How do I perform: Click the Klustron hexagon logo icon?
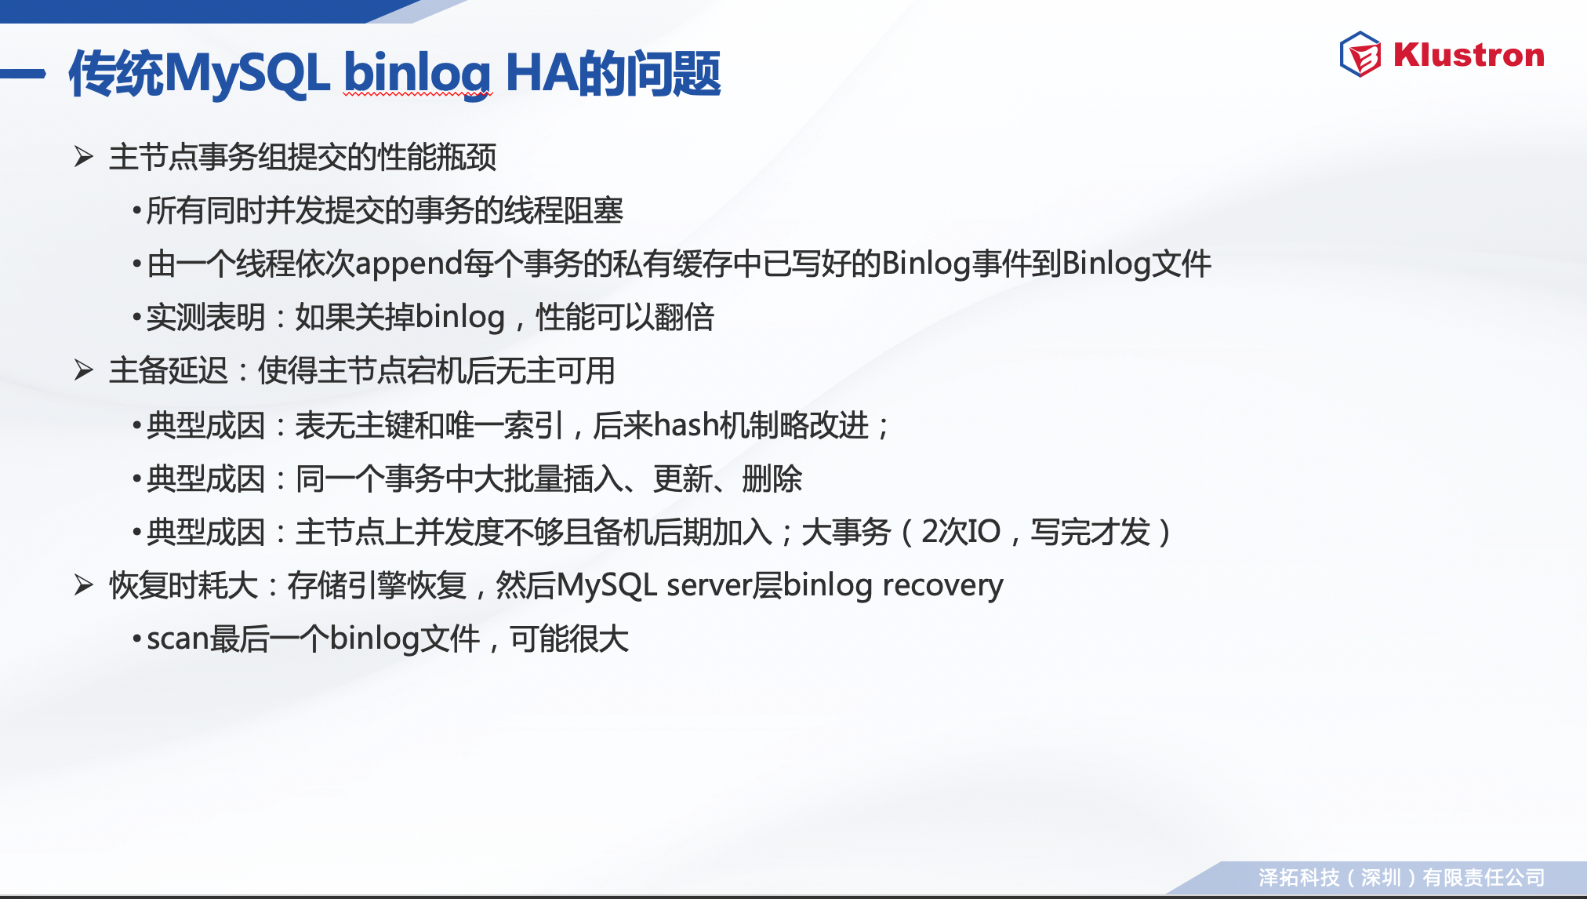[x=1360, y=54]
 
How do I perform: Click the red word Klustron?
[x=1469, y=55]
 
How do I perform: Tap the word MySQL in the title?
[x=248, y=74]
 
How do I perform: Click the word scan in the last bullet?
[x=178, y=639]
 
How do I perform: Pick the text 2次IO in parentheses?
[x=961, y=532]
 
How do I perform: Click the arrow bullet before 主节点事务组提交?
[x=84, y=156]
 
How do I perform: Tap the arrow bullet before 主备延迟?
[x=84, y=369]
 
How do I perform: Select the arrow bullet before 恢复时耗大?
[x=84, y=584]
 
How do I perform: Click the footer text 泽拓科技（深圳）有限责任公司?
[x=1402, y=877]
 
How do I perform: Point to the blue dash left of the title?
[x=23, y=74]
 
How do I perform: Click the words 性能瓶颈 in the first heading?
[x=438, y=157]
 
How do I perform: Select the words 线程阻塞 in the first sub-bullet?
[x=564, y=210]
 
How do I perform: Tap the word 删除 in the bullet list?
[x=772, y=479]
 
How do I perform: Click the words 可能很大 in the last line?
[x=569, y=639]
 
